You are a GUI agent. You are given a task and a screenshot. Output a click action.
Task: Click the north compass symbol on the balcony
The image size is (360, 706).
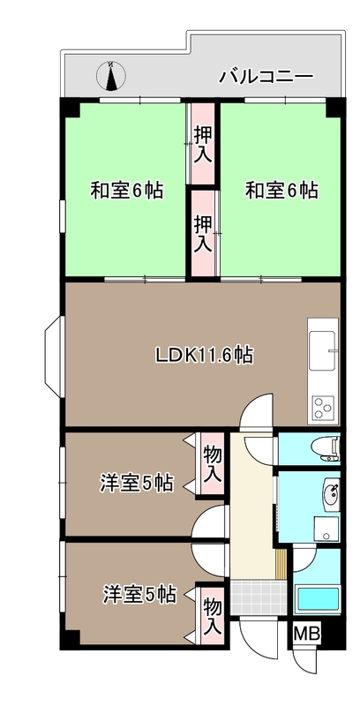110,75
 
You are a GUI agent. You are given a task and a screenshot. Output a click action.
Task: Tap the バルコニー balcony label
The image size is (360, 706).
266,77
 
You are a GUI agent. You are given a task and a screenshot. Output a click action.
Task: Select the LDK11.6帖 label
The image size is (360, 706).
204,356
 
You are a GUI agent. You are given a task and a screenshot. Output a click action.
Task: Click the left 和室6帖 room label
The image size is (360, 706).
126,191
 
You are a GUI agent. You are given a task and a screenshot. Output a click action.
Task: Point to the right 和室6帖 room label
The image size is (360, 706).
281,191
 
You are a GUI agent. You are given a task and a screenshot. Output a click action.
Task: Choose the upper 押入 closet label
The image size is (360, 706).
203,145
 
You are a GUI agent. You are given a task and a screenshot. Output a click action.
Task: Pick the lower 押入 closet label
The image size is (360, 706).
203,233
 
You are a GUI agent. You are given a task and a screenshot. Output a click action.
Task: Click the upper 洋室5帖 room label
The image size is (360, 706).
136,484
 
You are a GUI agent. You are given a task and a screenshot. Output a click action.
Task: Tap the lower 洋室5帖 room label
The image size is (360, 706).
139,594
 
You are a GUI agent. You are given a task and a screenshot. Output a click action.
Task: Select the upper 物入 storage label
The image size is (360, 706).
213,464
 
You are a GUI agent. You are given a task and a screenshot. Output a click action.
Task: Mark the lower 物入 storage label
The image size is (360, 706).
213,615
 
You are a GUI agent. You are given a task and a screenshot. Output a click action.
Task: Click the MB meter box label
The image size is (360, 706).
307,634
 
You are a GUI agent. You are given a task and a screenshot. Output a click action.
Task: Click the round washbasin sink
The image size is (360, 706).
331,492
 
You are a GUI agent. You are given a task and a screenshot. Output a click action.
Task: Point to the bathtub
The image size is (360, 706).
317,600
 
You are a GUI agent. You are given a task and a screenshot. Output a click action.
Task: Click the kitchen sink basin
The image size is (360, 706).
322,345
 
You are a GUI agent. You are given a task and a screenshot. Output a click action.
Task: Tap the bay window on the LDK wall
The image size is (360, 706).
54,357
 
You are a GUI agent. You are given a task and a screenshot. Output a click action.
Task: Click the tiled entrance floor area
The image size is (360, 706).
259,597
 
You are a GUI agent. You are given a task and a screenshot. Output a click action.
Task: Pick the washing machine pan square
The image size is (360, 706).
326,528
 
